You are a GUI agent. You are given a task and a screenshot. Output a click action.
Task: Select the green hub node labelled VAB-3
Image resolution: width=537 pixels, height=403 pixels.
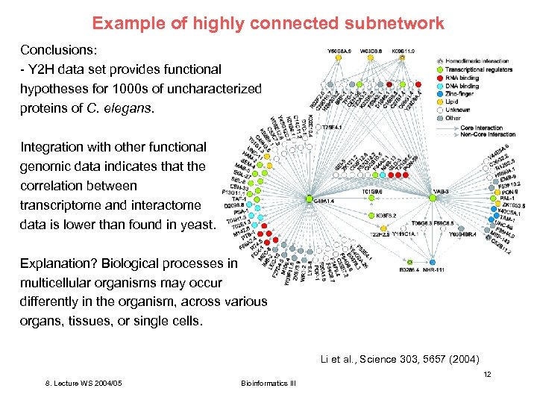pos(433,198)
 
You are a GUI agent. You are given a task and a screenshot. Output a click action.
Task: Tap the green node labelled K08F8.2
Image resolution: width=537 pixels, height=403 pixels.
pos(366,216)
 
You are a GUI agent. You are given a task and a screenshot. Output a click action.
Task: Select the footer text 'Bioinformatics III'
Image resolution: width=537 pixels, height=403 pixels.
pos(268,384)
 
